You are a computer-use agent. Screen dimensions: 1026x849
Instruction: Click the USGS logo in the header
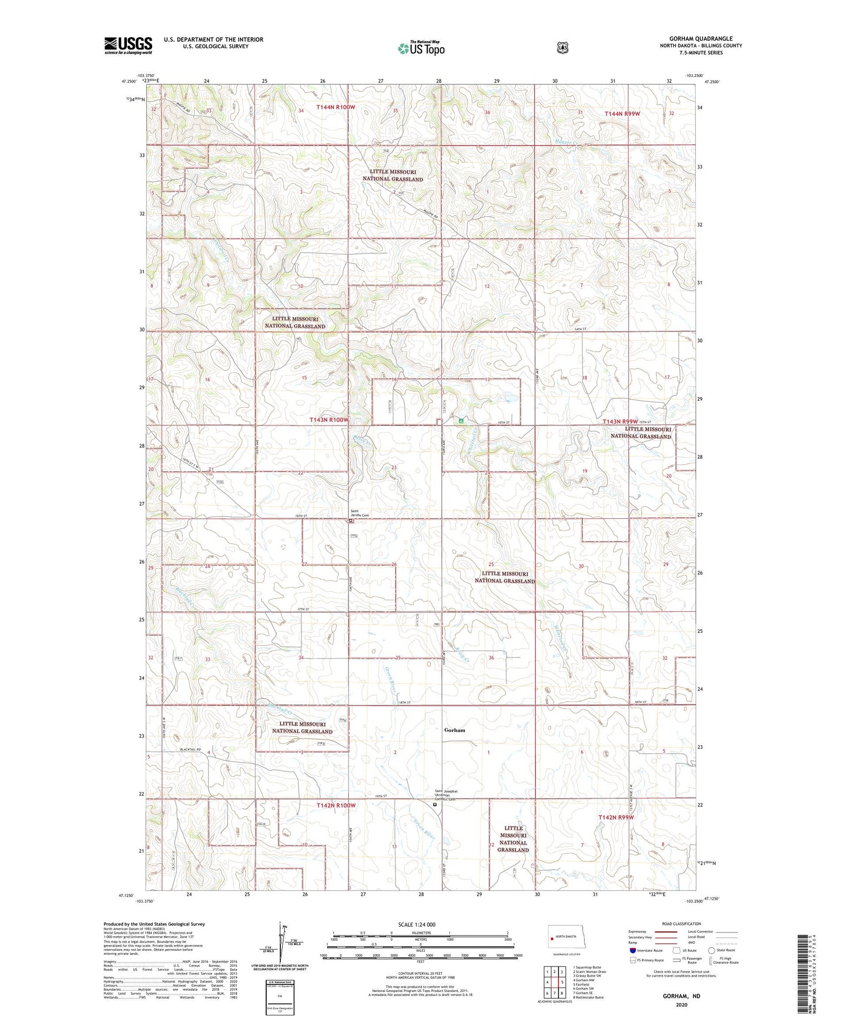(128, 45)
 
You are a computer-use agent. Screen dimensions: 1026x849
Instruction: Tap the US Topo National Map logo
(421, 48)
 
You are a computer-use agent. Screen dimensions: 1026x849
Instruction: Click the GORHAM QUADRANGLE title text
(700, 39)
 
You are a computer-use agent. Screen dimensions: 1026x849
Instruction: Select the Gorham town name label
(454, 730)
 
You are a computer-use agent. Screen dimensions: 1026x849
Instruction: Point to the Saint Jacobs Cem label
(360, 514)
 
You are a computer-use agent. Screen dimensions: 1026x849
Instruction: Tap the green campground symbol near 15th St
(461, 421)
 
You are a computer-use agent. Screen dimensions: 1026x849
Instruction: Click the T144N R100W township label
(336, 107)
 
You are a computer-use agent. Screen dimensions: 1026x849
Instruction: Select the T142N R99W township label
(616, 817)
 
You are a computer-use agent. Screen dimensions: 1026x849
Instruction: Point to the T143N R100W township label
(328, 420)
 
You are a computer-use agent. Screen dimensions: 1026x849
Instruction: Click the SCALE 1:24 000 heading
(417, 924)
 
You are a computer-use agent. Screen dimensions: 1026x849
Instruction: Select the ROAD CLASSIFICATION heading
(681, 924)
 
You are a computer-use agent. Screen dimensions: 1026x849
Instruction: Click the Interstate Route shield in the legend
(632, 950)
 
